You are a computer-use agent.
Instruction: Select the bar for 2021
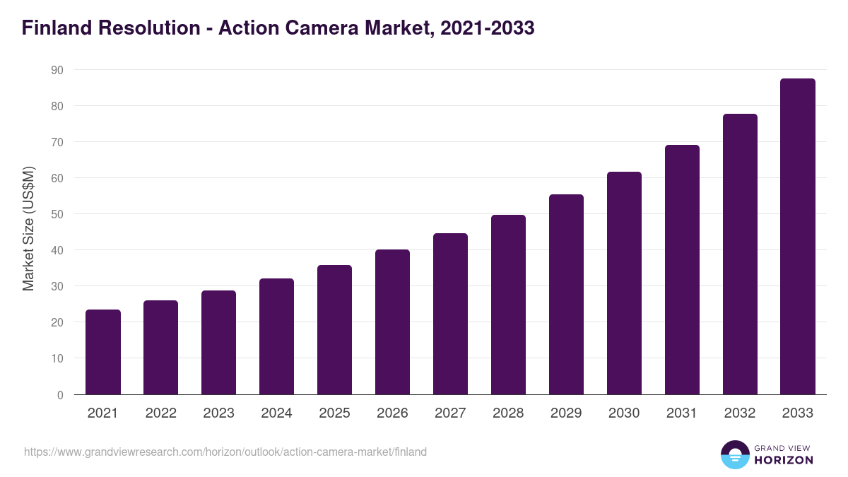103,352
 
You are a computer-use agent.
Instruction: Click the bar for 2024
276,336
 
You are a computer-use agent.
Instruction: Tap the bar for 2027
450,314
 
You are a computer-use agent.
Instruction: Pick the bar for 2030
624,283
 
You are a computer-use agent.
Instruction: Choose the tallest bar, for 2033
798,237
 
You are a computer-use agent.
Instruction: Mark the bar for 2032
740,254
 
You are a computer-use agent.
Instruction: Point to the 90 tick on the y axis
57,70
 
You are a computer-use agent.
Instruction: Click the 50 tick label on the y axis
57,214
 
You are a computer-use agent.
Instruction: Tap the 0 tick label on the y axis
60,395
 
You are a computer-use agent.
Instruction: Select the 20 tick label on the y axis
57,322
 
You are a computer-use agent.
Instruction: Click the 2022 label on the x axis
161,413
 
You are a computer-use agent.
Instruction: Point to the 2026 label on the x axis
392,413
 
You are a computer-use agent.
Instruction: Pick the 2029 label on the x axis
566,413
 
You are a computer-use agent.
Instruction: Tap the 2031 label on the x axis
682,413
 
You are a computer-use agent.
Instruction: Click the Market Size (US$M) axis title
28,228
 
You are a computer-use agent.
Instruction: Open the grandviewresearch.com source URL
225,452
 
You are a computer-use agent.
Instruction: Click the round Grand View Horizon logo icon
734,454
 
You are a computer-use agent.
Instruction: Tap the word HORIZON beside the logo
784,460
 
